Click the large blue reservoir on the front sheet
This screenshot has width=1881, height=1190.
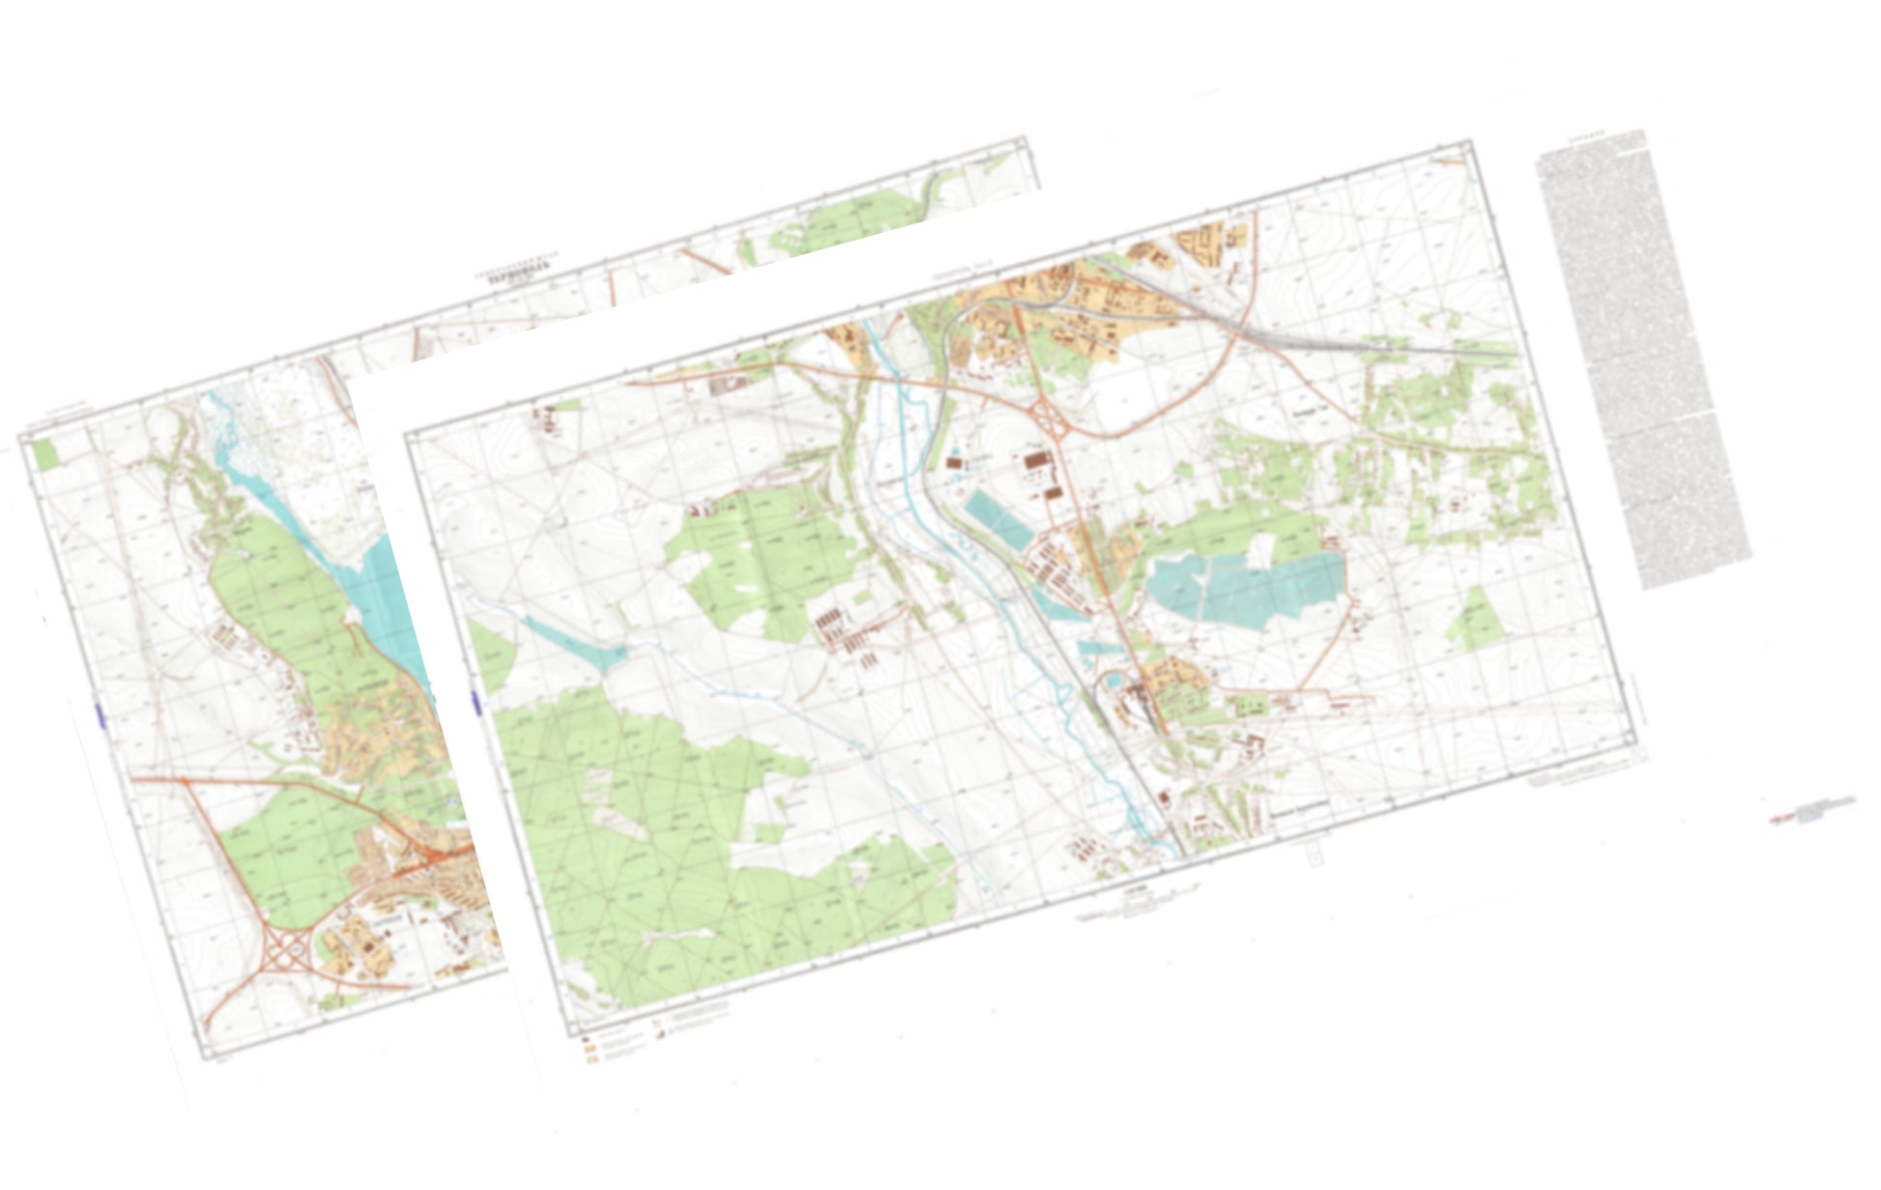[1257, 585]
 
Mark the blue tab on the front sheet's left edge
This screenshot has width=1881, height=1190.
[475, 703]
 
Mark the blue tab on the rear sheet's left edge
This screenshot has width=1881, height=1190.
[99, 715]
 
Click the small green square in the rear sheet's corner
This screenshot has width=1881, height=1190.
[44, 454]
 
